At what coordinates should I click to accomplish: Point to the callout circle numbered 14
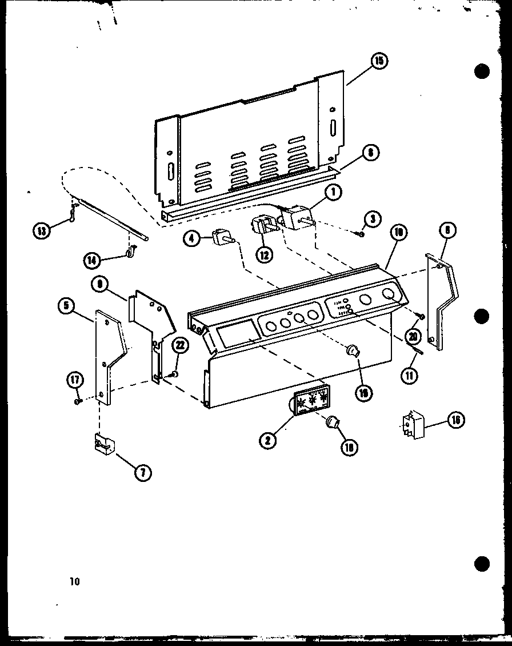tap(91, 260)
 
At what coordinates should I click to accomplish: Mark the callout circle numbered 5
tap(67, 306)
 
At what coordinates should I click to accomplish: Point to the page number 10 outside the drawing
tap(73, 582)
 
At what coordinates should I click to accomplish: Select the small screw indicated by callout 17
tap(78, 401)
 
